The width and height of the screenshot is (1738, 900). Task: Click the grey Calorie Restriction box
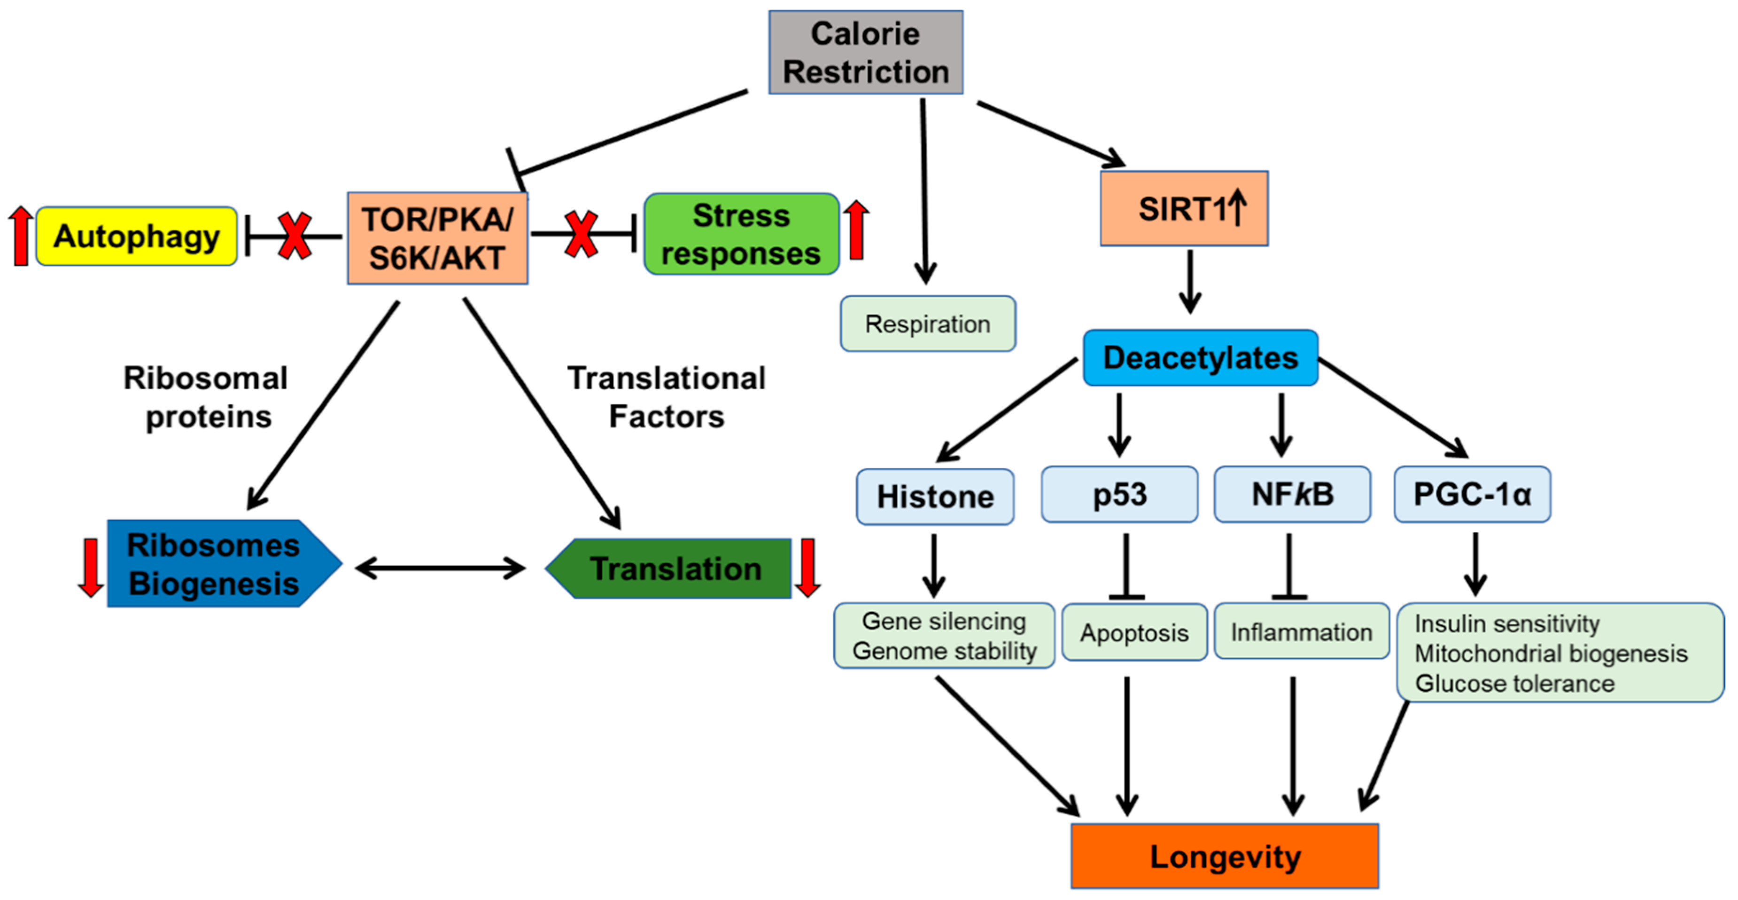866,52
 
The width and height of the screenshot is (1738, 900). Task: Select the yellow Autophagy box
137,237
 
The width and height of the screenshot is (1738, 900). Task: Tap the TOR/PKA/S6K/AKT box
437,238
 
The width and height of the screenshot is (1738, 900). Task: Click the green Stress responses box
741,234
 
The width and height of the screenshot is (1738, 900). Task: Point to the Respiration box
928,324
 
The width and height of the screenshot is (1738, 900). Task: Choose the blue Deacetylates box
1200,358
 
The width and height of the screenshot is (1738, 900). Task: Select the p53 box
1119,494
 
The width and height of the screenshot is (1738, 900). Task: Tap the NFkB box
1292,494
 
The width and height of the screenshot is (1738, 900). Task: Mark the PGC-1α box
1472,494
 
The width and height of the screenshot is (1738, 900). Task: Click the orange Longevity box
1225,856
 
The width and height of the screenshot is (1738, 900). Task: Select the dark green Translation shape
675,568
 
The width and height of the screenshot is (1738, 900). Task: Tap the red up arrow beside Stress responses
856,229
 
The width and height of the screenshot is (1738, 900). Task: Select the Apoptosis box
1134,632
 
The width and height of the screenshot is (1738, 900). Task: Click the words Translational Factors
667,397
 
